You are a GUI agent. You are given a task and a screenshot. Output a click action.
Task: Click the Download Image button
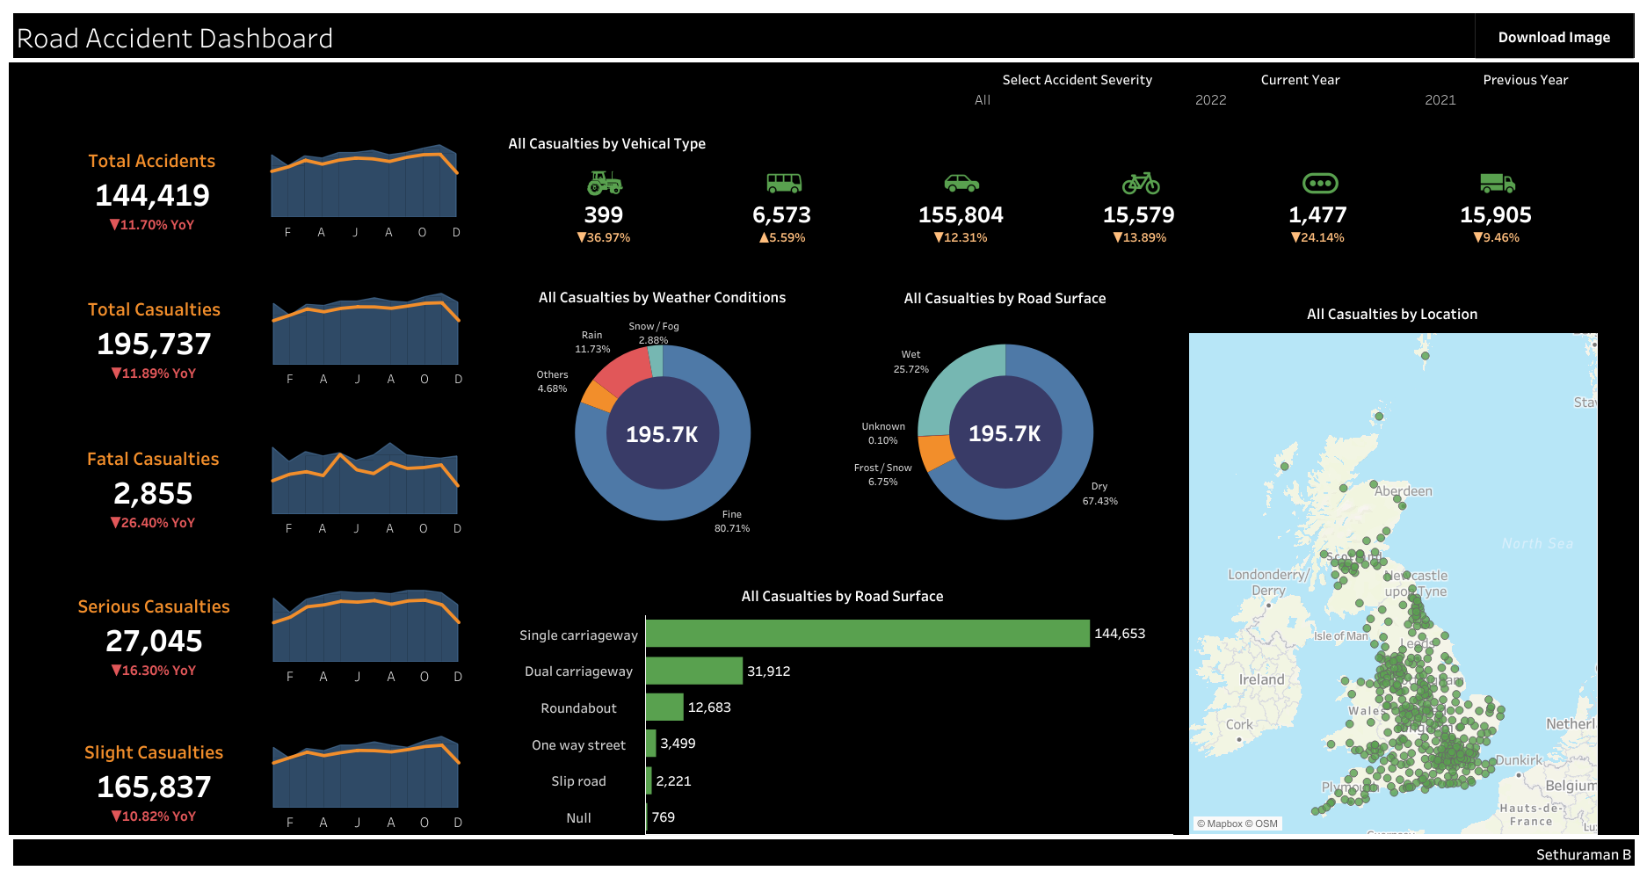pyautogui.click(x=1553, y=37)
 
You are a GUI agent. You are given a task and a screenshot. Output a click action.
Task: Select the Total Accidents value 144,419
pyautogui.click(x=152, y=195)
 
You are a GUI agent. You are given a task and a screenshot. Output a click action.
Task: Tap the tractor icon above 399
pyautogui.click(x=604, y=183)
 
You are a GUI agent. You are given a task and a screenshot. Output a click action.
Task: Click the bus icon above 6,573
pyautogui.click(x=783, y=183)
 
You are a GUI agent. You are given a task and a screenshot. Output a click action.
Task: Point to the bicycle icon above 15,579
pyautogui.click(x=1140, y=183)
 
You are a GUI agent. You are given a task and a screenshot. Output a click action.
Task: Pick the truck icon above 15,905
pyautogui.click(x=1497, y=183)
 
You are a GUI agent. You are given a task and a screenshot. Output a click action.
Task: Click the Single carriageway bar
pyautogui.click(x=867, y=634)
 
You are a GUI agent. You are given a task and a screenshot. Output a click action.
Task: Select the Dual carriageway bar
pyautogui.click(x=693, y=671)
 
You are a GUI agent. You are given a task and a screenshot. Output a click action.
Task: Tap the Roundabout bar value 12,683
pyautogui.click(x=708, y=707)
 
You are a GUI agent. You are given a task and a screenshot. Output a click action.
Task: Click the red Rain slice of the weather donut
pyautogui.click(x=620, y=374)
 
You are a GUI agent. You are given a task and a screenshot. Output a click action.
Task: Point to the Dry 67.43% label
pyautogui.click(x=1099, y=494)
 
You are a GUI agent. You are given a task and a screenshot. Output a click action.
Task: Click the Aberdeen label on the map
pyautogui.click(x=1403, y=491)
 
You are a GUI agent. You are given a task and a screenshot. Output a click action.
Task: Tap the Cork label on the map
pyautogui.click(x=1239, y=725)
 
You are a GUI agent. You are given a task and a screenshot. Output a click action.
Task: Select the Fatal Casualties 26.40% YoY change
pyautogui.click(x=152, y=523)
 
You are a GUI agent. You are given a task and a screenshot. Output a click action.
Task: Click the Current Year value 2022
pyautogui.click(x=1210, y=100)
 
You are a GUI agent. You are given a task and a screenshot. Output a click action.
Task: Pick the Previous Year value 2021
pyautogui.click(x=1440, y=100)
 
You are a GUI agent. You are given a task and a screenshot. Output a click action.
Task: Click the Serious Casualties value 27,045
pyautogui.click(x=154, y=642)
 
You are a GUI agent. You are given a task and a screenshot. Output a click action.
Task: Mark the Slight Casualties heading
pyautogui.click(x=154, y=752)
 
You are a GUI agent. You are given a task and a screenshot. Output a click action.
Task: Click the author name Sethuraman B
pyautogui.click(x=1583, y=854)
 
